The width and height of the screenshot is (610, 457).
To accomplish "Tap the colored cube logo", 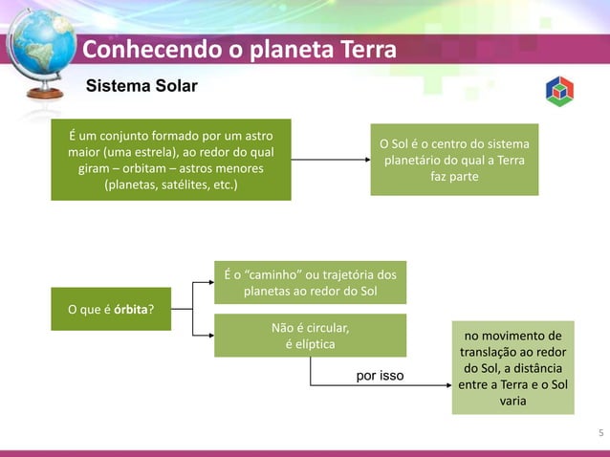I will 559,91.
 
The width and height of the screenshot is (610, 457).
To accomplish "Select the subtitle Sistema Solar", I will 142,87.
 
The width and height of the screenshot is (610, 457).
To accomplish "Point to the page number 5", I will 599,435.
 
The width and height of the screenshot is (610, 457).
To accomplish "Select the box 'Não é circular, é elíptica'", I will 310,336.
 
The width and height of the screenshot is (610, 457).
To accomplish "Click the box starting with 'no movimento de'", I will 512,368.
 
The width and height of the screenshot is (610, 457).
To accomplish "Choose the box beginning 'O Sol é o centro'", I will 454,160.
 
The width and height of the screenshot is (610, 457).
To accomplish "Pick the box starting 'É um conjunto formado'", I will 171,160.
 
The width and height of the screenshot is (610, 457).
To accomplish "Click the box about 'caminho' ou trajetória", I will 310,282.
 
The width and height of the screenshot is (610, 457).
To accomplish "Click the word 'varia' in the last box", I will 512,402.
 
